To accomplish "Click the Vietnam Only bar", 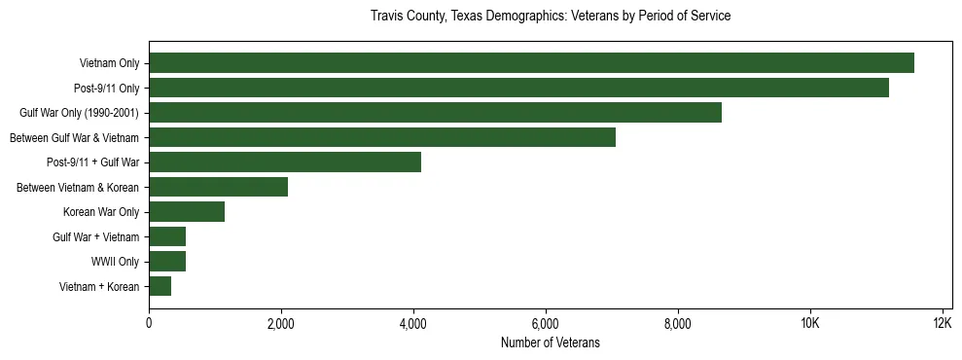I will point(531,63).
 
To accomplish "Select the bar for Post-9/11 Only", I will point(518,88).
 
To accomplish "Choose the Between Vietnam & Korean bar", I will point(219,187).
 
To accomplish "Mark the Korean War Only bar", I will point(187,212).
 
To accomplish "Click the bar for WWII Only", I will point(167,262).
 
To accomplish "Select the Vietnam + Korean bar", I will point(160,286).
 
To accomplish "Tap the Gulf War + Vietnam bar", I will point(167,236).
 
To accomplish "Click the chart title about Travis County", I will point(551,17).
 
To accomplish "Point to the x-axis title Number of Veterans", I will point(551,343).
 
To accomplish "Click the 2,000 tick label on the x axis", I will point(281,323).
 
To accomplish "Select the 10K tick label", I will point(809,323).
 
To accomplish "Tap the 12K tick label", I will point(942,323).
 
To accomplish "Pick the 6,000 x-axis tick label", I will point(546,323).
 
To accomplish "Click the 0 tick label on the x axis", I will point(149,323).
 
